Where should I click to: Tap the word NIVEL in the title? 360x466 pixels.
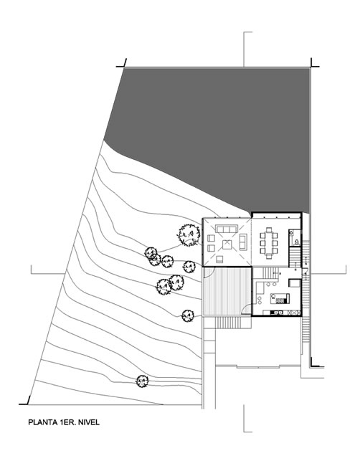click(x=89, y=422)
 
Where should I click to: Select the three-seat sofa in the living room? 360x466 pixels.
click(x=227, y=229)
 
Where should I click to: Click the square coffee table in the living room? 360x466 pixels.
click(x=227, y=244)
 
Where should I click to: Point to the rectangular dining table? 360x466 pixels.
click(x=269, y=243)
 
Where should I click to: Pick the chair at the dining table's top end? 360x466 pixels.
click(x=269, y=229)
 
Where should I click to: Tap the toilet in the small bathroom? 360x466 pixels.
click(x=297, y=242)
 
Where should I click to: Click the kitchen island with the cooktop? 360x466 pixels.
click(x=280, y=298)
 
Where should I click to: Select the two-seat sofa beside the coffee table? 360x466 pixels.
click(x=243, y=242)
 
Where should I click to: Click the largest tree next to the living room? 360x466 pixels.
click(x=189, y=234)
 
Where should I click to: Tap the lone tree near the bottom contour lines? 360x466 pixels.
click(x=143, y=381)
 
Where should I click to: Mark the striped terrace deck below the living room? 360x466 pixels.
click(x=227, y=291)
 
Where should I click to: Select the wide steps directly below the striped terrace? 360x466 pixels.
click(x=228, y=323)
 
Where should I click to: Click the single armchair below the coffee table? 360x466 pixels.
click(x=219, y=260)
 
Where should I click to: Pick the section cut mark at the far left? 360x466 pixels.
click(x=47, y=273)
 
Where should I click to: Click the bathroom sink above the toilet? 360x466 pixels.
click(x=291, y=233)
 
